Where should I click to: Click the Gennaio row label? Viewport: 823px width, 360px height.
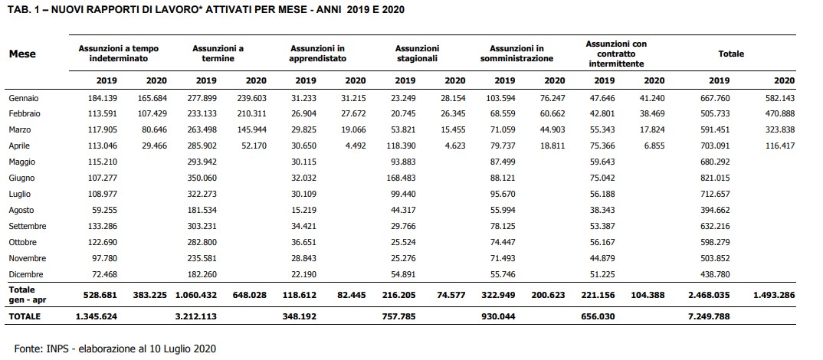pyautogui.click(x=24, y=98)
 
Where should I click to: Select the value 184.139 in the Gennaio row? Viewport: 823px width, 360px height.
pyautogui.click(x=103, y=98)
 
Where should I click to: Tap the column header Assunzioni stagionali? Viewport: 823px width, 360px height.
pyautogui.click(x=417, y=54)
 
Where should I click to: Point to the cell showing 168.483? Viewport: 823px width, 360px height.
pyautogui.click(x=402, y=178)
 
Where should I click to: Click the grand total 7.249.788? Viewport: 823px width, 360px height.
pyautogui.click(x=708, y=316)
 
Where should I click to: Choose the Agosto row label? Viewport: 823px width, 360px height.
pyautogui.click(x=21, y=211)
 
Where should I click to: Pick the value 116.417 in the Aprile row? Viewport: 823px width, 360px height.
pyautogui.click(x=781, y=146)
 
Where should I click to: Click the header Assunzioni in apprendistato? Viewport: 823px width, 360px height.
pyautogui.click(x=317, y=54)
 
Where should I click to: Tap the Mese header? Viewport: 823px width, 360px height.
pyautogui.click(x=22, y=54)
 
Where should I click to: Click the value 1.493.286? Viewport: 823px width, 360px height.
pyautogui.click(x=774, y=295)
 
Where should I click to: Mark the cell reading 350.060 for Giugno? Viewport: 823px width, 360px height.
pyautogui.click(x=202, y=178)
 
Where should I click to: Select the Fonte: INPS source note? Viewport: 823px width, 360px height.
pyautogui.click(x=115, y=349)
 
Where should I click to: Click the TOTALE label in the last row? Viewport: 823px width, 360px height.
pyautogui.click(x=25, y=316)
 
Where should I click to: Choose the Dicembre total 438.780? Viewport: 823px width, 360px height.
pyautogui.click(x=716, y=274)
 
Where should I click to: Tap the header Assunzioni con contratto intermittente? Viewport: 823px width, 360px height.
pyautogui.click(x=616, y=54)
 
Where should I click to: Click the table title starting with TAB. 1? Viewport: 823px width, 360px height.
pyautogui.click(x=205, y=9)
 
